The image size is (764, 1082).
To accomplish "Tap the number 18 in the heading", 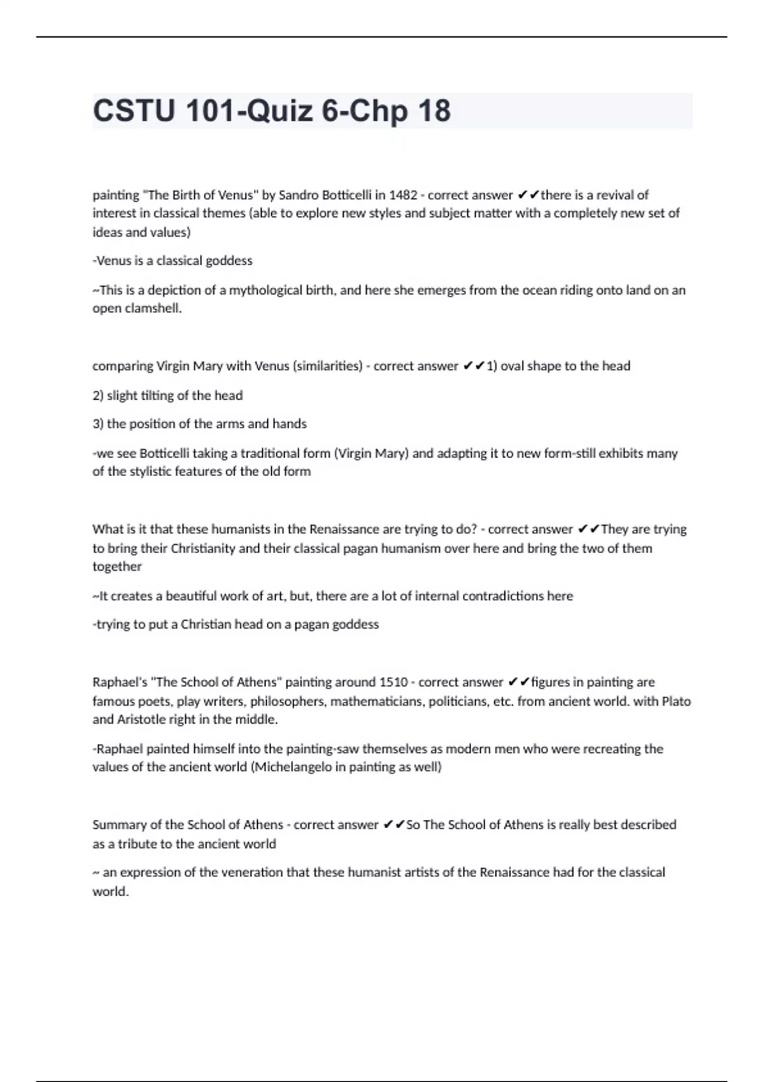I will point(434,111).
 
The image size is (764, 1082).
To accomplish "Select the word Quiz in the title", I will point(279,111).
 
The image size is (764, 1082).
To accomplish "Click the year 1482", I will point(403,195).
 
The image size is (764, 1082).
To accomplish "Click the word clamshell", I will point(152,309).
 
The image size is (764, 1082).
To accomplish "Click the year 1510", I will point(393,682).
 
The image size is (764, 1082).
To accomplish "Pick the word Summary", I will point(119,825).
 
